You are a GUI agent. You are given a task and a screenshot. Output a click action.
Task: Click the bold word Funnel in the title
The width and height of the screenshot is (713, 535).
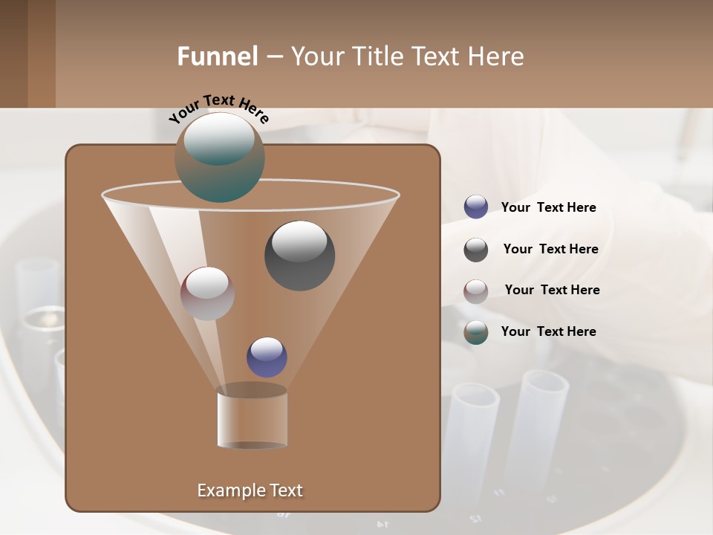click(217, 56)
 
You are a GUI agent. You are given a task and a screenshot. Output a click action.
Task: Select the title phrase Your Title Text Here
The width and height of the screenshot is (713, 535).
click(407, 56)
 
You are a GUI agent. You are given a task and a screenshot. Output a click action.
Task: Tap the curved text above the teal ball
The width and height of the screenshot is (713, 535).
click(219, 108)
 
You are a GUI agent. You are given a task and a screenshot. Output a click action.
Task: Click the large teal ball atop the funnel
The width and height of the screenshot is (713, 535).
click(220, 158)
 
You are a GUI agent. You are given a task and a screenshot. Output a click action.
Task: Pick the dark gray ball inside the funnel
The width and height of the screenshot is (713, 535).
click(299, 256)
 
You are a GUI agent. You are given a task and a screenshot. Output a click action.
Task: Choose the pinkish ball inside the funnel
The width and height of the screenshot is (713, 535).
click(207, 294)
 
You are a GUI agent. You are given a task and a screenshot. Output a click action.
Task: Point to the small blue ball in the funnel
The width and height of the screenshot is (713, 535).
click(267, 357)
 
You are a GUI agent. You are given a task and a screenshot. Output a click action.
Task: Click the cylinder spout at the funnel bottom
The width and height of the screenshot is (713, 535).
click(252, 418)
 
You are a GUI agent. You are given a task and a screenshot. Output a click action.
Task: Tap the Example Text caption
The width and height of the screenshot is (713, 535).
click(250, 490)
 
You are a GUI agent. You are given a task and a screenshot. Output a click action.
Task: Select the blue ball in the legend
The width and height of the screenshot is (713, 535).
click(476, 207)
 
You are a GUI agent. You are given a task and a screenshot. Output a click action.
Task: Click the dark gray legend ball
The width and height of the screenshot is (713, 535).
click(476, 250)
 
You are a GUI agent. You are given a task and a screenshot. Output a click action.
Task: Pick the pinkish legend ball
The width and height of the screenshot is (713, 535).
click(476, 291)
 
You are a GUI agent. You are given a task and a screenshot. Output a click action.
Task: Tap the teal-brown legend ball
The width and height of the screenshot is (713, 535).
click(476, 332)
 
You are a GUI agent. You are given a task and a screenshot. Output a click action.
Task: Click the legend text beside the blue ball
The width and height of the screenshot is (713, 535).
click(548, 207)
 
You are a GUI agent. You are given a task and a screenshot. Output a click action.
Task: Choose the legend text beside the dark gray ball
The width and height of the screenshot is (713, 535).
click(550, 249)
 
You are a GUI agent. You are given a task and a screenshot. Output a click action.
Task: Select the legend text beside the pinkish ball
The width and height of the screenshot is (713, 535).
click(552, 290)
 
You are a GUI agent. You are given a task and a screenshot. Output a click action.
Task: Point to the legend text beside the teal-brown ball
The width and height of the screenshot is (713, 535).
click(548, 331)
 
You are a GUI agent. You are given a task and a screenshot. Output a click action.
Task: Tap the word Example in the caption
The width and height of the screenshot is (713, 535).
click(225, 490)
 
